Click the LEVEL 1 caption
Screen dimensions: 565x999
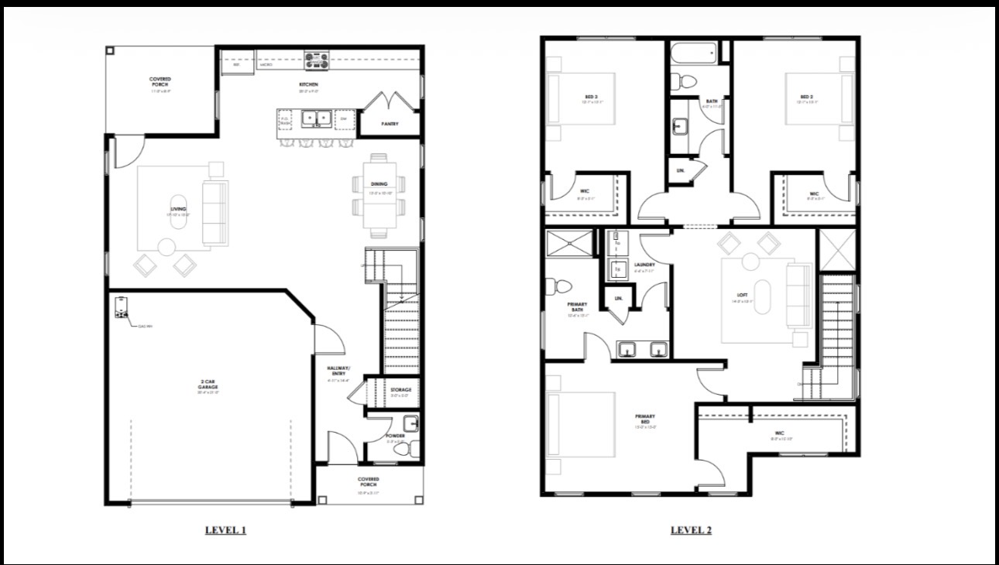[225, 530]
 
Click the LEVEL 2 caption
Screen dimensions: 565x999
[691, 530]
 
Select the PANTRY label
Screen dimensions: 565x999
[390, 124]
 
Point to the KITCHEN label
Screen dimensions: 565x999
[309, 84]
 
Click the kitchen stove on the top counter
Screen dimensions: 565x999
[317, 58]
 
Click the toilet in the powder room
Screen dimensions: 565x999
[410, 448]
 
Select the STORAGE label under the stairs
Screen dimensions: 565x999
[401, 390]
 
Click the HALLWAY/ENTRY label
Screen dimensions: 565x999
[338, 371]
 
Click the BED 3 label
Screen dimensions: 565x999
[592, 98]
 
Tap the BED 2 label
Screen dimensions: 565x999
[807, 98]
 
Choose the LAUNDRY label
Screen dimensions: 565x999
[644, 265]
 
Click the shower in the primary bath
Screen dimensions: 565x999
[568, 243]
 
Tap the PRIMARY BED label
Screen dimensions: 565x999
[645, 419]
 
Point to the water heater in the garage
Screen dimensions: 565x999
[122, 308]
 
